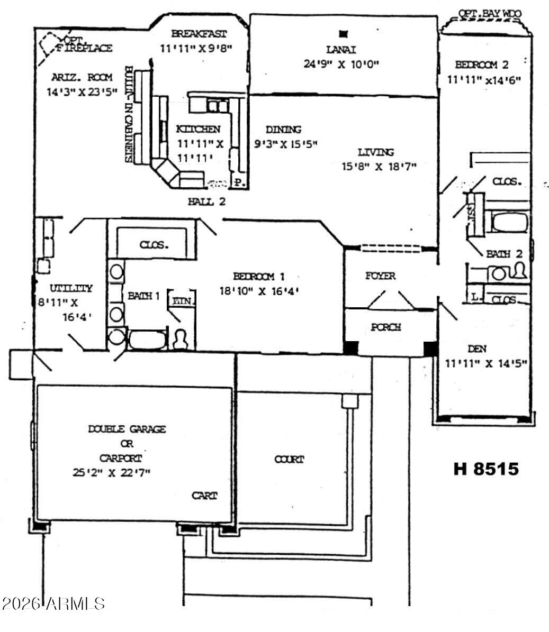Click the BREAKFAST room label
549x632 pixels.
pyautogui.click(x=199, y=34)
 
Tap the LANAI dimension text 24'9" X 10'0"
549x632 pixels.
pyautogui.click(x=343, y=65)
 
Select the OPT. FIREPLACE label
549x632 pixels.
pyautogui.click(x=85, y=44)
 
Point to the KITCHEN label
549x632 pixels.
pyautogui.click(x=198, y=129)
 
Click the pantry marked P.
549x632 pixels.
pyautogui.click(x=239, y=183)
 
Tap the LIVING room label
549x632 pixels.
pyautogui.click(x=376, y=152)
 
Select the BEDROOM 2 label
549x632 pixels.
pyautogui.click(x=482, y=65)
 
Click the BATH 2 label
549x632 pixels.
pyautogui.click(x=505, y=254)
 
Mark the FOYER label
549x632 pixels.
pyautogui.click(x=380, y=276)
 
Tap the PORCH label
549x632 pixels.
pyautogui.click(x=385, y=327)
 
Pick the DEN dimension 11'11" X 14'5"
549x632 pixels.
pyautogui.click(x=485, y=363)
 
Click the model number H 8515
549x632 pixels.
pyautogui.click(x=486, y=469)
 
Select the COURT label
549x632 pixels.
pyautogui.click(x=289, y=460)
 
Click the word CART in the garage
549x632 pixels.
pyautogui.click(x=204, y=496)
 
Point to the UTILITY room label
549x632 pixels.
pyautogui.click(x=71, y=289)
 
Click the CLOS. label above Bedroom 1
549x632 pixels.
pyautogui.click(x=155, y=245)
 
